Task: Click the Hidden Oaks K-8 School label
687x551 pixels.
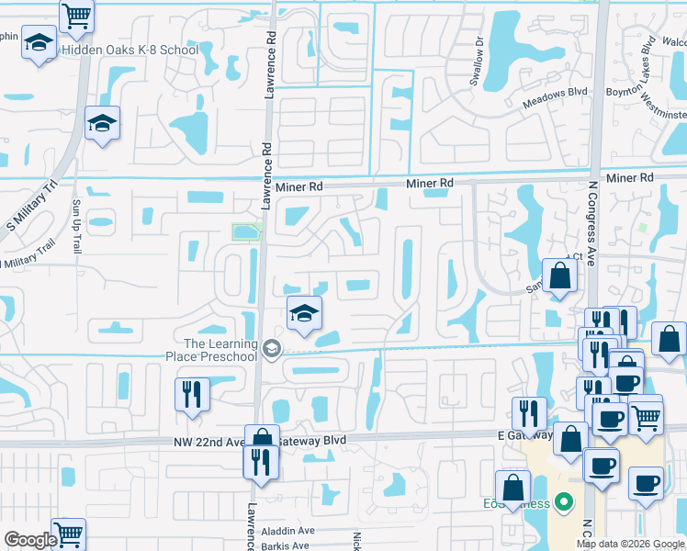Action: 129,50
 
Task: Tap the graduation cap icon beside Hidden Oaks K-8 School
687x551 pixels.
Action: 39,43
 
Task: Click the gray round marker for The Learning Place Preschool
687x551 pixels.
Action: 271,349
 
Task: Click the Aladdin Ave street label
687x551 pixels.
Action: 288,531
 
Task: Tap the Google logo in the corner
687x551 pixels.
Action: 29,540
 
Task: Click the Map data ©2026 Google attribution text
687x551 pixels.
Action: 630,544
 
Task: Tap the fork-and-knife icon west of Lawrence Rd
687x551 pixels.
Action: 193,395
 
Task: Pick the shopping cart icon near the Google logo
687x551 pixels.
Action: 68,534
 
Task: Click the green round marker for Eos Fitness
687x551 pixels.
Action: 564,503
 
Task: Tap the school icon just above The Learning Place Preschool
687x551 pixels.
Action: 304,314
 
